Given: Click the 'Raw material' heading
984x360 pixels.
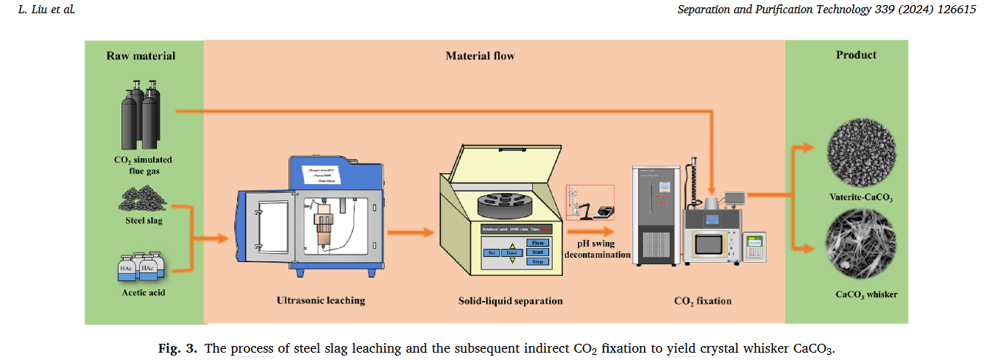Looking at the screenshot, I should (x=141, y=56).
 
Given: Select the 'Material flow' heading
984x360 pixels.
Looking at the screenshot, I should (x=480, y=56).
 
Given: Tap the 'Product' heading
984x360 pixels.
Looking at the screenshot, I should (x=856, y=55).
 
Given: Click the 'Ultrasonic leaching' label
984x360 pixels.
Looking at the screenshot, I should (x=321, y=300).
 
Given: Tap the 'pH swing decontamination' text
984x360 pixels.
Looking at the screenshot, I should (x=599, y=249).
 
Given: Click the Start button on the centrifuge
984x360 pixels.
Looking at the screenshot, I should (x=537, y=252).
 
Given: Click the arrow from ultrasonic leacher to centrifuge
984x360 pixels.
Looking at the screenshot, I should (x=410, y=233).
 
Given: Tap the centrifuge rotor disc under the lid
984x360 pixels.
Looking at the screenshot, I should (x=509, y=203).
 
